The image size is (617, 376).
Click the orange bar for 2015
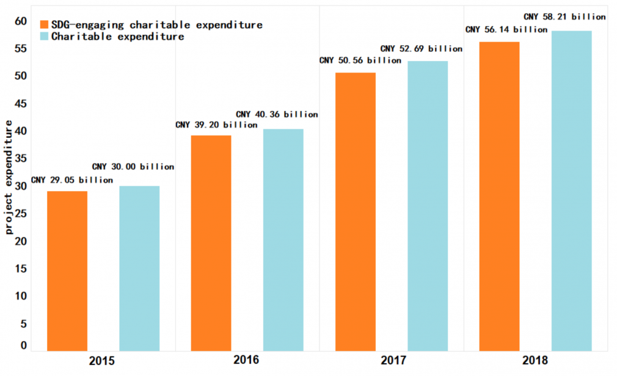[x=67, y=271]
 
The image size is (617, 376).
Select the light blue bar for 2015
[x=139, y=269]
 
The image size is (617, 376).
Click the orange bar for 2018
[x=499, y=196]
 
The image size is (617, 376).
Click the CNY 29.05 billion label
[x=72, y=180]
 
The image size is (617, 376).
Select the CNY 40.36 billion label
[x=277, y=114]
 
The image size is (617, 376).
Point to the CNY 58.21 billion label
[x=565, y=16]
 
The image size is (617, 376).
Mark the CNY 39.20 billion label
[x=216, y=125]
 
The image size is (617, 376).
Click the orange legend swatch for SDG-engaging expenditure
[x=44, y=25]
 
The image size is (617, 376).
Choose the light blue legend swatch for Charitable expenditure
[x=44, y=37]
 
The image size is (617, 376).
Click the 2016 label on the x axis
[x=246, y=360]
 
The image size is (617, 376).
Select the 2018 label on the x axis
[x=535, y=360]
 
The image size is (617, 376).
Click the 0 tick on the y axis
[x=24, y=345]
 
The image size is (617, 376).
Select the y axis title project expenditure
[x=9, y=177]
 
